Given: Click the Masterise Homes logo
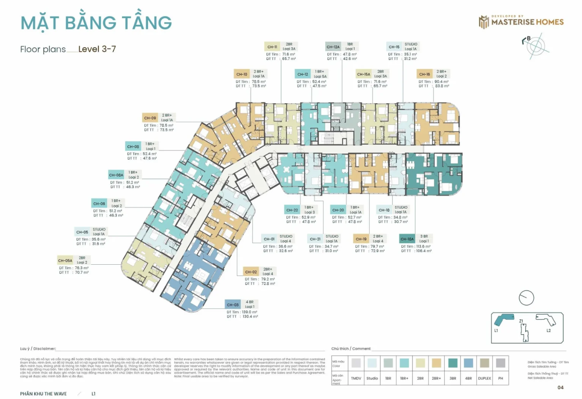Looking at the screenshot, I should tap(521, 21).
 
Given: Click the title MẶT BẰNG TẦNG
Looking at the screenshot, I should tap(96, 23).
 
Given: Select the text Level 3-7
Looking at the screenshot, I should tap(97, 49).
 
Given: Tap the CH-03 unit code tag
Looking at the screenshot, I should tap(233, 304).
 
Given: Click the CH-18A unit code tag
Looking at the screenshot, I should tap(407, 239).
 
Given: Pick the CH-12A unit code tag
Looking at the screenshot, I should tap(333, 47).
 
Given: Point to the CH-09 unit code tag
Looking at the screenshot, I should tap(150, 118).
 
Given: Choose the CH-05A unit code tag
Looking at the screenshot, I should tap(65, 260).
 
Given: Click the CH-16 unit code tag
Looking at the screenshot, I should tap(424, 74).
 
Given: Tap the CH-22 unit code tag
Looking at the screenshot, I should tap(292, 210).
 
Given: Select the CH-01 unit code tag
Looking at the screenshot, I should tap(269, 239).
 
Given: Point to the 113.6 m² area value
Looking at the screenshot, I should tap(423, 246).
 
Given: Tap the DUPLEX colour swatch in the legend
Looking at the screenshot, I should tap(484, 363).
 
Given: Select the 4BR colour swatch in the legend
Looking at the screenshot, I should tap(468, 363).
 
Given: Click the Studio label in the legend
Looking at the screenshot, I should tap(372, 378).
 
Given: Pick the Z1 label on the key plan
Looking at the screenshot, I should tap(521, 322).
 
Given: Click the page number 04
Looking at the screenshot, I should tap(561, 387).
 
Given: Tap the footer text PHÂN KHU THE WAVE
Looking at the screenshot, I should tap(43, 394).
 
